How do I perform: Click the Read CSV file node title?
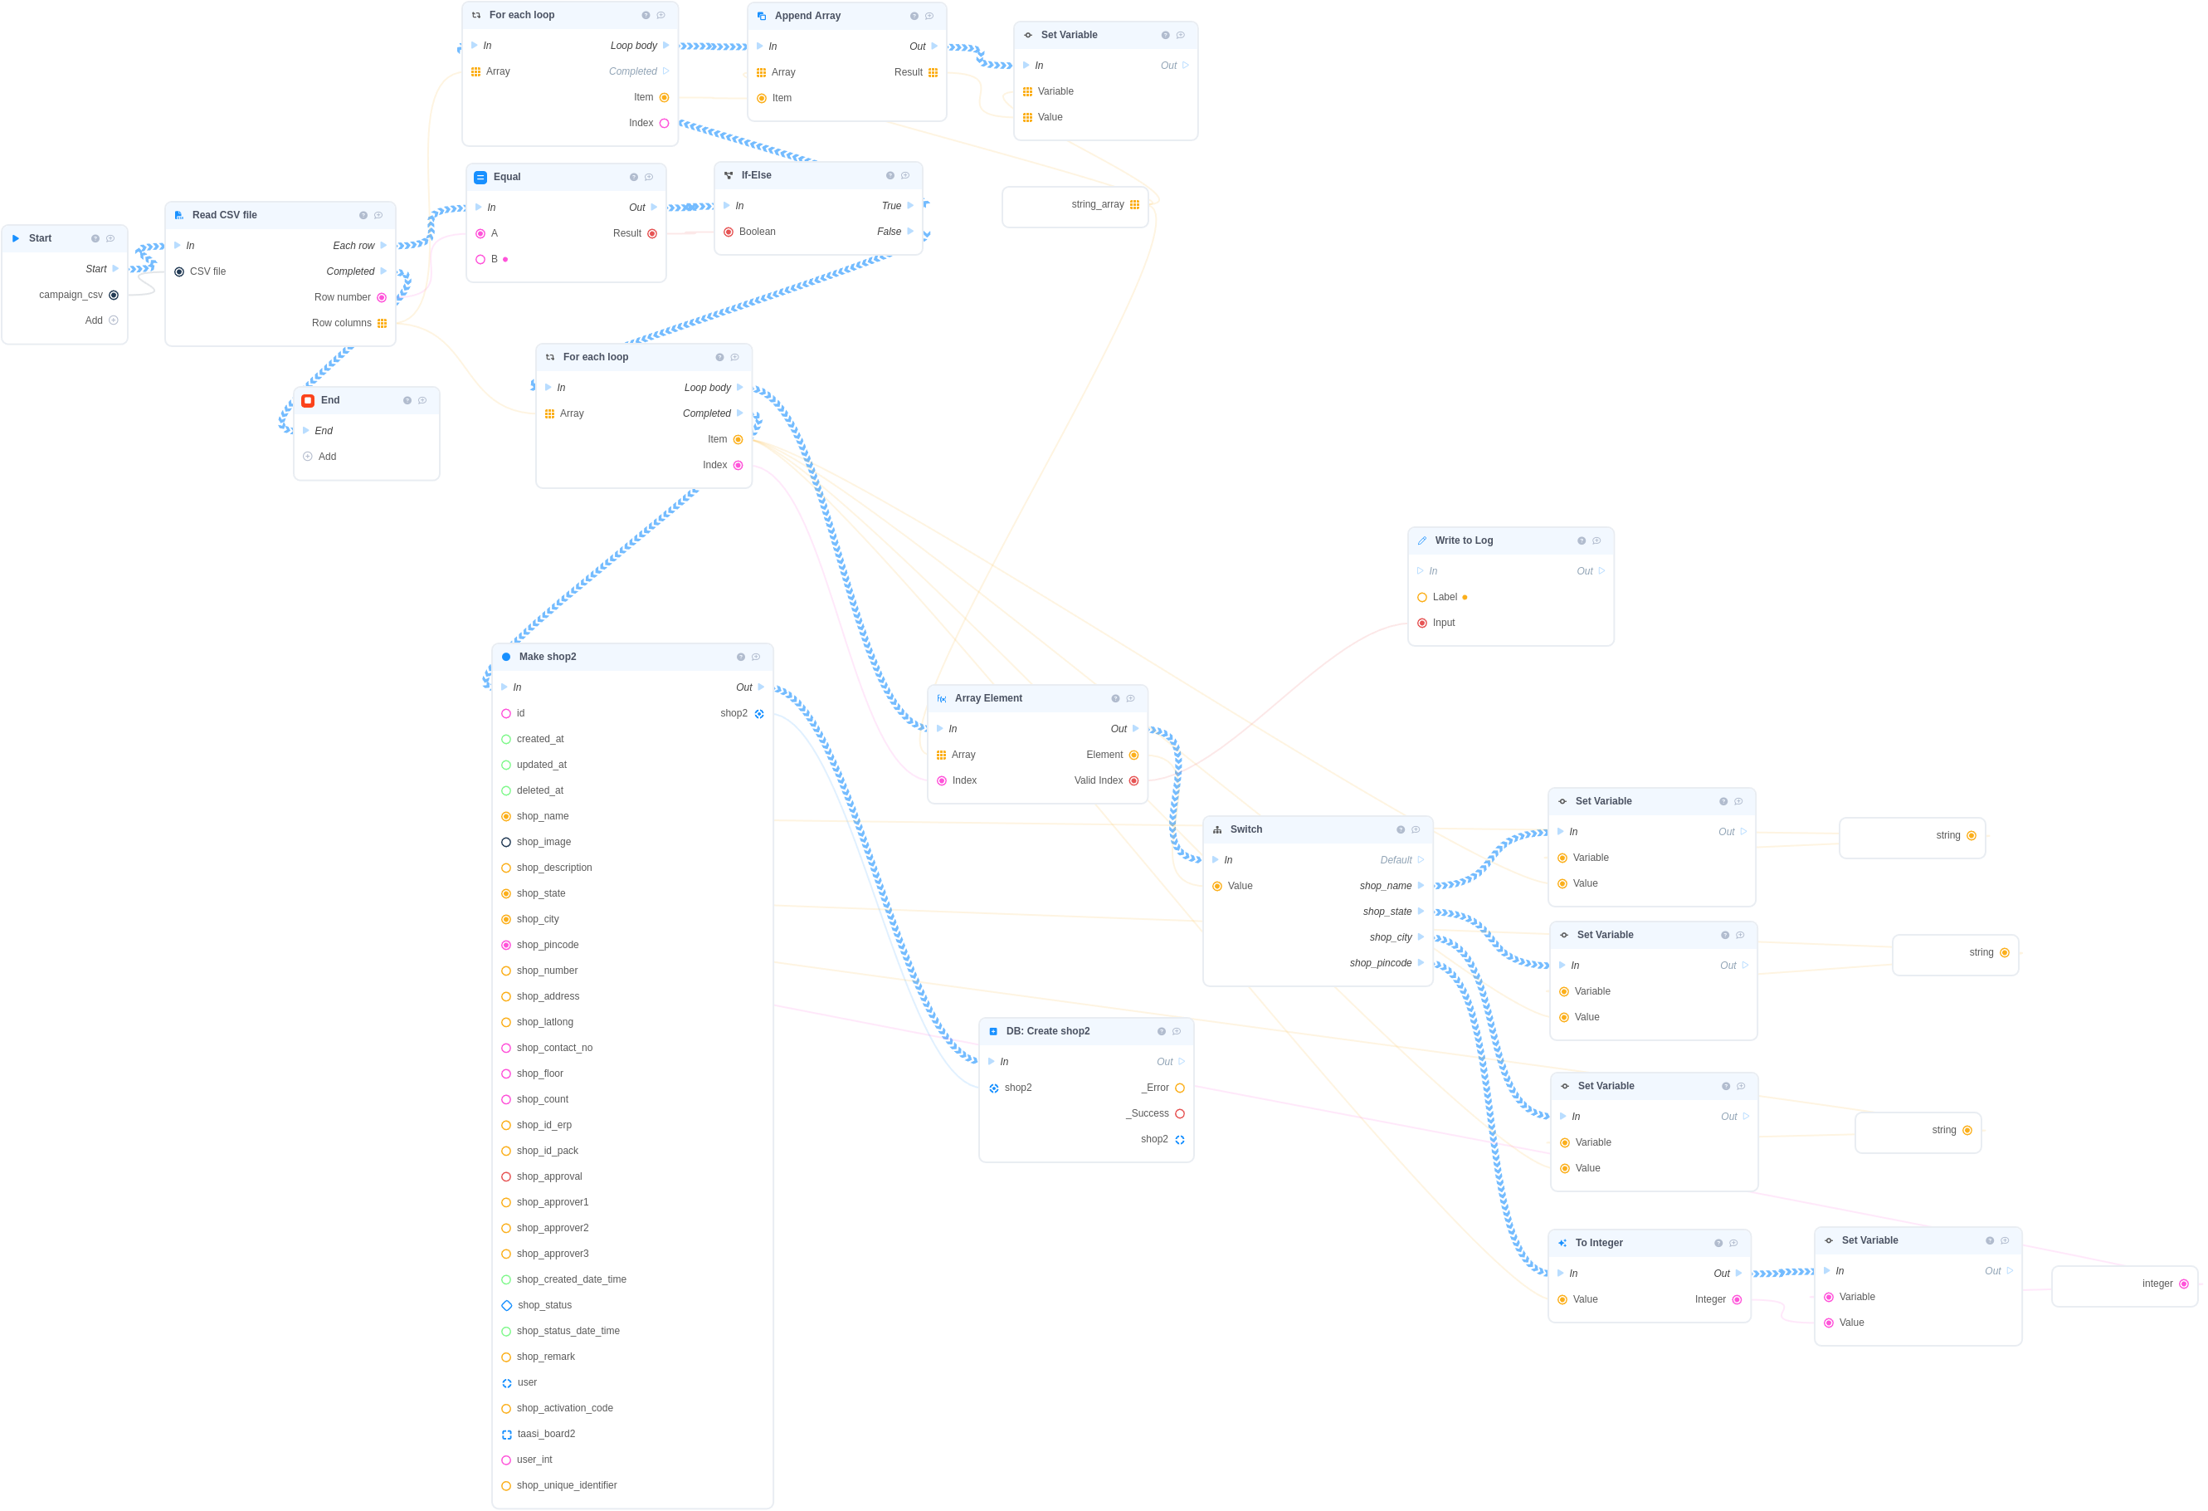[x=224, y=215]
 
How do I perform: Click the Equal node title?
[x=506, y=177]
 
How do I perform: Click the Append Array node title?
[x=807, y=15]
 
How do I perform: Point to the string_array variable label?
[x=1097, y=204]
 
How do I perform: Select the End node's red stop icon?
[x=308, y=401]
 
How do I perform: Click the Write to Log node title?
[x=1463, y=540]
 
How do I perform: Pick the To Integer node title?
[x=1599, y=1243]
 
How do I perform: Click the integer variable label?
[x=2157, y=1284]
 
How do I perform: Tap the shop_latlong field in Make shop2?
[x=544, y=1023]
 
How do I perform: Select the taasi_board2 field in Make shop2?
[x=546, y=1434]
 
